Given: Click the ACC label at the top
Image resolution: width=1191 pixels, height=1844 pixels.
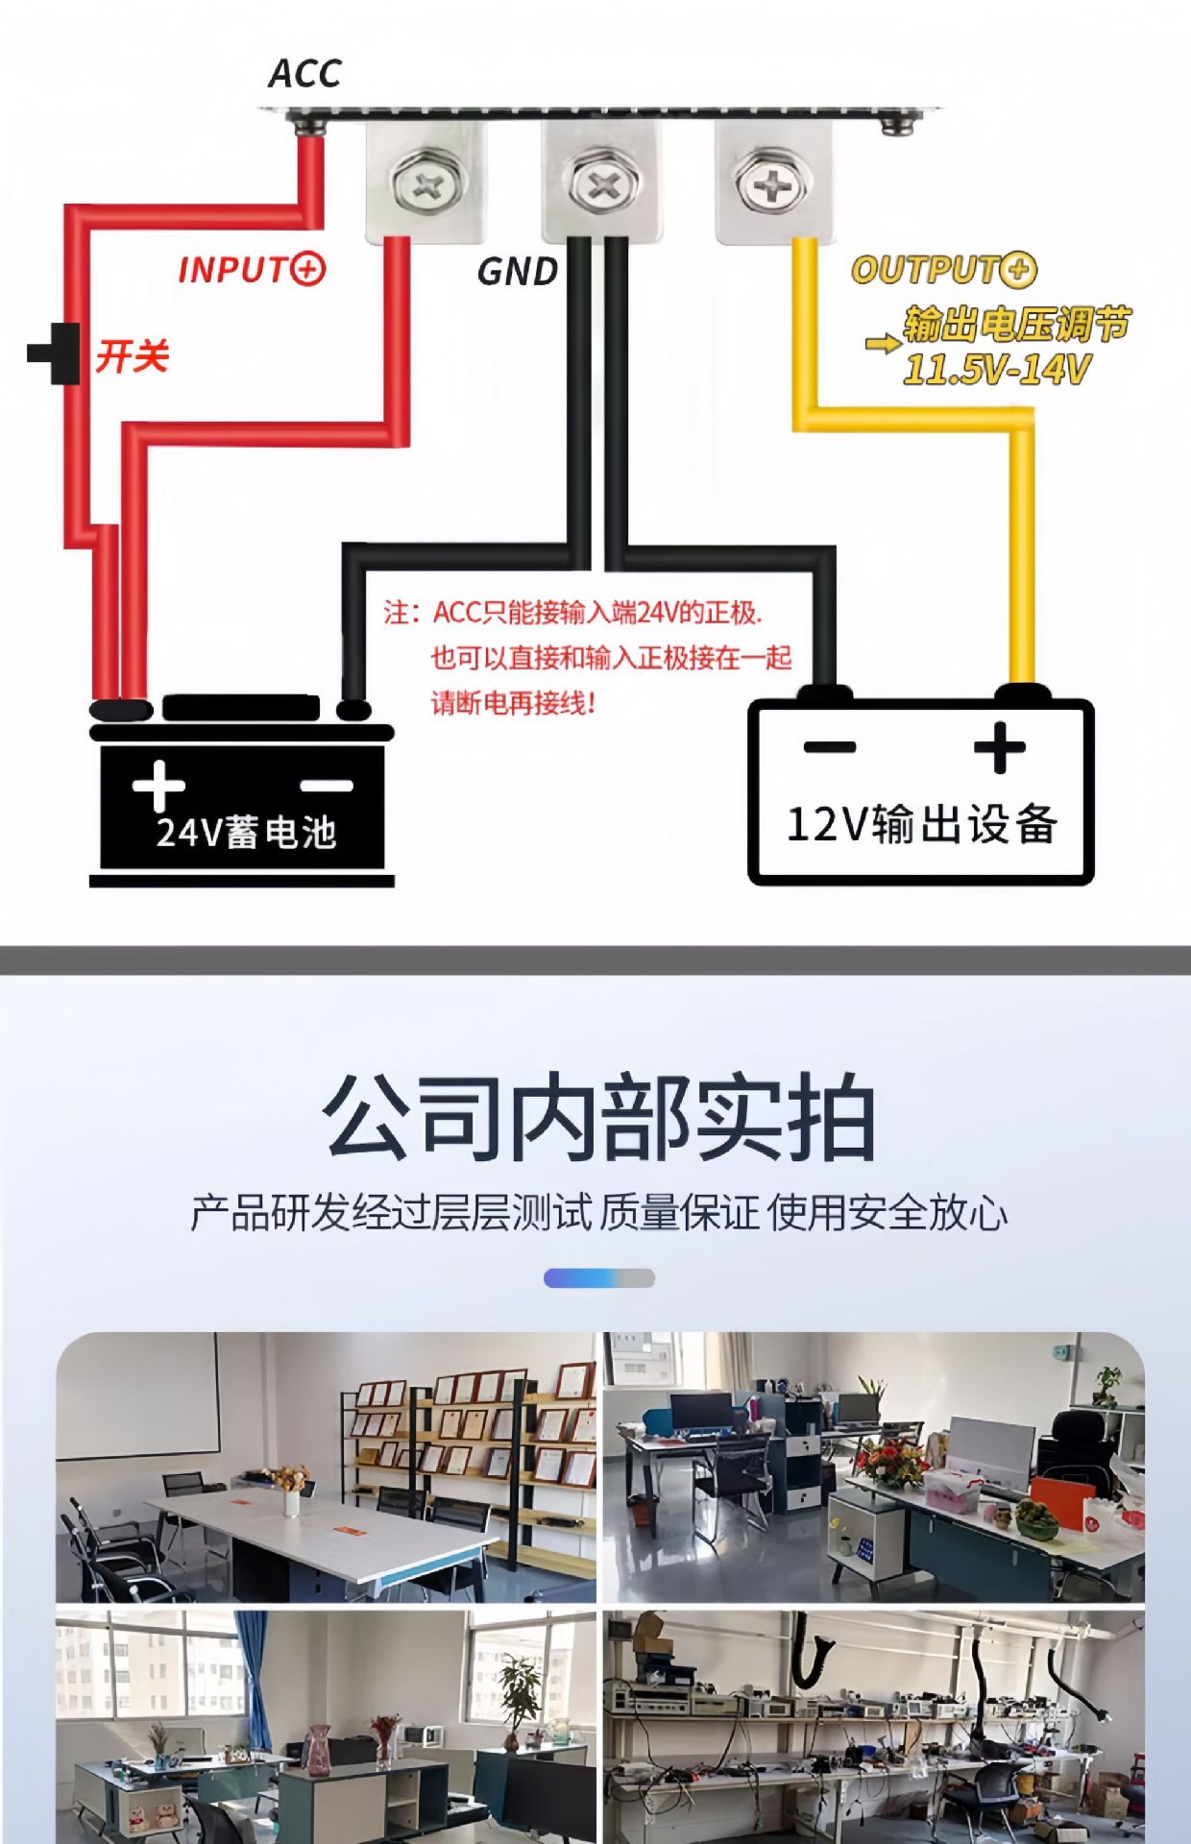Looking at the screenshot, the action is point(304,73).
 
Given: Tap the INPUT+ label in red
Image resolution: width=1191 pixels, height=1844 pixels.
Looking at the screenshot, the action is point(252,269).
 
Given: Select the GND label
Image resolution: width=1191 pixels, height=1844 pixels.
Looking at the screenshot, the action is point(518,272).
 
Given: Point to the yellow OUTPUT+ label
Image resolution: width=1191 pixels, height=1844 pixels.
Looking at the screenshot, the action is point(943,270).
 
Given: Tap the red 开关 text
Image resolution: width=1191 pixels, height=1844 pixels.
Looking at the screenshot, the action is point(132,356).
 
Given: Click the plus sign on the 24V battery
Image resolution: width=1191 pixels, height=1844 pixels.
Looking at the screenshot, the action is point(158,785).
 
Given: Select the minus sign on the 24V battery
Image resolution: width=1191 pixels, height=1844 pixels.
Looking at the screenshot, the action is point(327,786).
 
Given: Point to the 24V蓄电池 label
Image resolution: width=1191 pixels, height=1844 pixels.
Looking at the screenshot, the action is point(246,833).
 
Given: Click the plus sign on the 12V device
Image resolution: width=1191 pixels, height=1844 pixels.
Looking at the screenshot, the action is point(999,747).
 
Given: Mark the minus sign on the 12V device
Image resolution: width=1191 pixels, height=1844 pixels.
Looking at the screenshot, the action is point(829,746).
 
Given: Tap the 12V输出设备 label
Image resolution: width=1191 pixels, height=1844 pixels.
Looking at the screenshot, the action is point(921,824).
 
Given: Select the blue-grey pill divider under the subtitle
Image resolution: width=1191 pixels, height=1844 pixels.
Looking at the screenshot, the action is point(599,1277).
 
